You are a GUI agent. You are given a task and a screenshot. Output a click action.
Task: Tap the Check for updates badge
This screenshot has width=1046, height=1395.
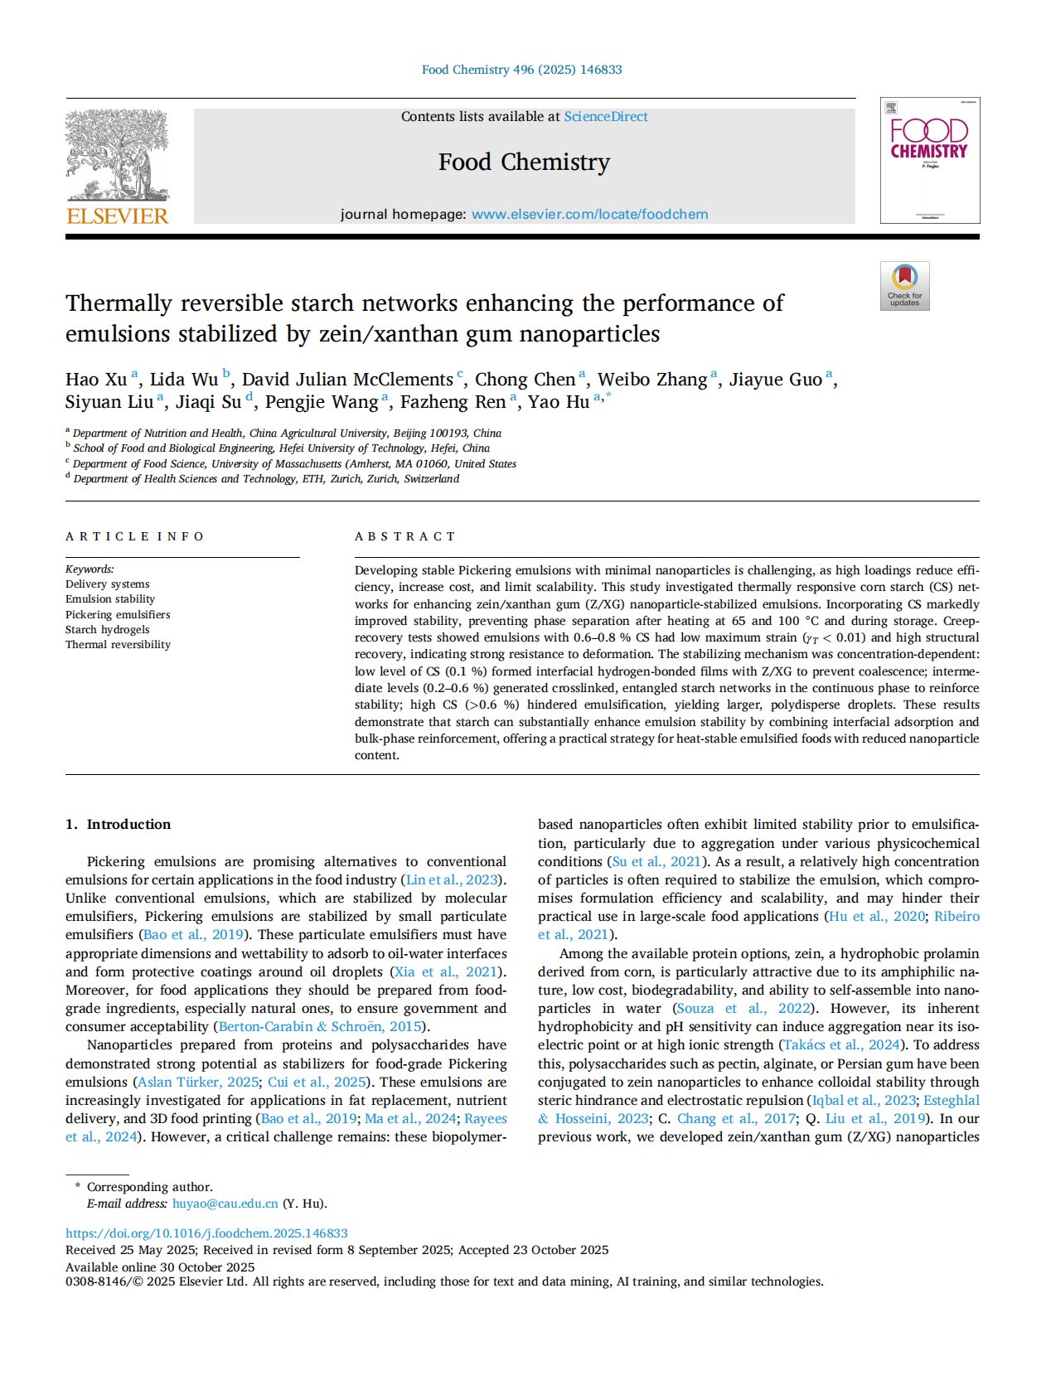(x=904, y=286)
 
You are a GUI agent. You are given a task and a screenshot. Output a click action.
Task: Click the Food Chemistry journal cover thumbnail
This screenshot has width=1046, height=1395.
(x=929, y=160)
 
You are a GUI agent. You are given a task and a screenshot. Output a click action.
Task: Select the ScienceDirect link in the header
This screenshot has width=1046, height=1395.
(x=606, y=117)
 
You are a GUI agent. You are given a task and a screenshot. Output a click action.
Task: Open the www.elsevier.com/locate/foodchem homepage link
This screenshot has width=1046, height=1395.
(x=589, y=215)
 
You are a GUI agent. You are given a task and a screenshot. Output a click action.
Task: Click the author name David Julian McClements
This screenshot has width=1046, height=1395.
(x=347, y=380)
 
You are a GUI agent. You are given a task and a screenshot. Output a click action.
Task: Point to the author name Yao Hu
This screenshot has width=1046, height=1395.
(x=559, y=402)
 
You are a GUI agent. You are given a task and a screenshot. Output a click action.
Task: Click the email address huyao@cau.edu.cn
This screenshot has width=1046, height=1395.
(x=225, y=1204)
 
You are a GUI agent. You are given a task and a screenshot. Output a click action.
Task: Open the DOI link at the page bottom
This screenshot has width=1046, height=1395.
(x=206, y=1233)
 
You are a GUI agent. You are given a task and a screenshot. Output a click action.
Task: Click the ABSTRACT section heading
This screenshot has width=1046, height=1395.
(x=405, y=536)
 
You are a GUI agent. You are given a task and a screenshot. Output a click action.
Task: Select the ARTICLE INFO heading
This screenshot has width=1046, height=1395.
(x=134, y=536)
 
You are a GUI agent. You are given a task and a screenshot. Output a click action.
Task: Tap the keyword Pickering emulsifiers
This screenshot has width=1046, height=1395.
(x=118, y=614)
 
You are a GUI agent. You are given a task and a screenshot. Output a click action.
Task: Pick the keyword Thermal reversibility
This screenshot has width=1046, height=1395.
(x=118, y=644)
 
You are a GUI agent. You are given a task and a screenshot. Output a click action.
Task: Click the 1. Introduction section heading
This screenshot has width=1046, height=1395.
(x=119, y=824)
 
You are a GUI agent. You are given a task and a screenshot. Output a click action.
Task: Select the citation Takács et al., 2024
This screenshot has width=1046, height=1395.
(x=840, y=1044)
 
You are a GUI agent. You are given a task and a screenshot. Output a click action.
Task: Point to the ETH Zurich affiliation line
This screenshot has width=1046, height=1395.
(x=266, y=478)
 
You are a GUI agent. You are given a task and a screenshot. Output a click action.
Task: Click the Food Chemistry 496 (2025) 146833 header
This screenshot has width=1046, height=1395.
(x=521, y=70)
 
